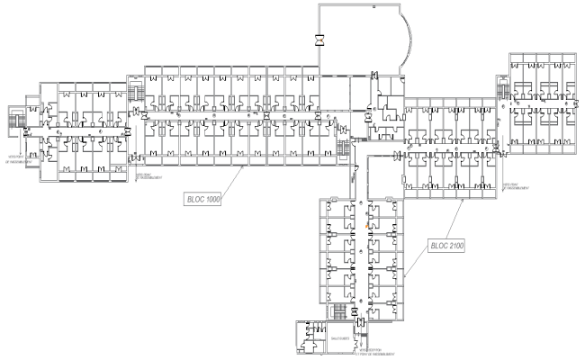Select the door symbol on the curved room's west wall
319,40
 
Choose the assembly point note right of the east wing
514,184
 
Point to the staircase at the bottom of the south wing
339,311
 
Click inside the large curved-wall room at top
360,36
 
